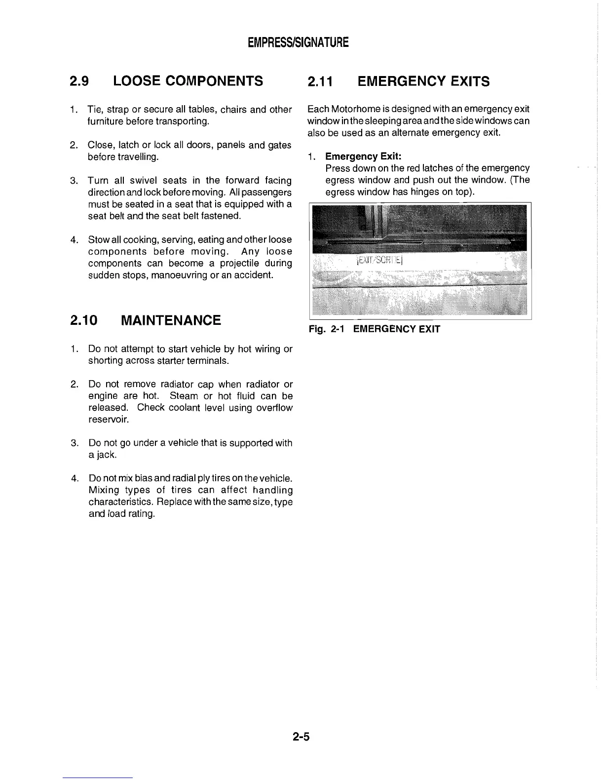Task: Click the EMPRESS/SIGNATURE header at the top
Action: click(x=298, y=42)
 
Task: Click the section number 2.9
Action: click(x=79, y=81)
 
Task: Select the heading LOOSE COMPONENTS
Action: click(x=188, y=81)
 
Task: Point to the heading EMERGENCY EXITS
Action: click(x=423, y=81)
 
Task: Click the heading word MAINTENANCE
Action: click(x=171, y=320)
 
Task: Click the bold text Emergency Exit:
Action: click(x=364, y=156)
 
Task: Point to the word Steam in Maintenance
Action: click(x=184, y=396)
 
